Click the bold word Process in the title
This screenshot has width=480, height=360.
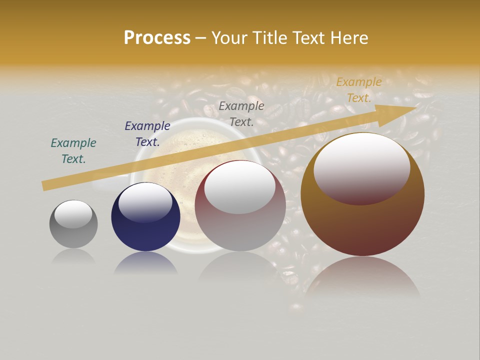click(x=157, y=38)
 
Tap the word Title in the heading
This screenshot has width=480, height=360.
click(x=270, y=38)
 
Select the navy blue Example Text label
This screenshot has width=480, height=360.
click(x=147, y=134)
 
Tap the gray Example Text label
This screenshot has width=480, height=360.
click(x=241, y=113)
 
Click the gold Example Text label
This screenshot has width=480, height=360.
click(x=359, y=90)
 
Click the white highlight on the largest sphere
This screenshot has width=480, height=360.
click(x=362, y=167)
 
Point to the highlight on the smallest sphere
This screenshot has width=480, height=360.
click(x=73, y=214)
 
